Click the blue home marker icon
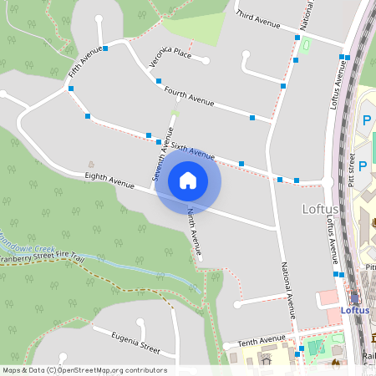tap(188, 180)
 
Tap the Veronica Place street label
tap(171, 57)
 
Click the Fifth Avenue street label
tap(85, 64)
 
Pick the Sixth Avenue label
tap(192, 150)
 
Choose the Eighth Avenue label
tap(109, 180)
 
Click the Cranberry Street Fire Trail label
tap(42, 261)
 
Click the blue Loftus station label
tap(355, 310)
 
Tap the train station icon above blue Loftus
tap(355, 297)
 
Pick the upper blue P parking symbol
tap(365, 122)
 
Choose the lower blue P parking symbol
tap(363, 165)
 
